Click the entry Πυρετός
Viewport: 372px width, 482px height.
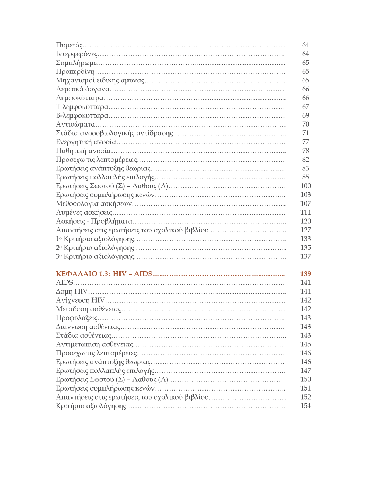click(x=69, y=45)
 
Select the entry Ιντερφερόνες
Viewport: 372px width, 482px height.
click(x=77, y=54)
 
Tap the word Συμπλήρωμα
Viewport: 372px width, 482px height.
click(x=77, y=63)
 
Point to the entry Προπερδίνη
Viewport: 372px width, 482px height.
click(x=75, y=72)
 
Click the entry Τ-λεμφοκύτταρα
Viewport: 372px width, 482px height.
click(x=82, y=107)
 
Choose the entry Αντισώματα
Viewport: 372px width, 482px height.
click(x=75, y=124)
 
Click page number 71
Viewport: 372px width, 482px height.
click(x=305, y=133)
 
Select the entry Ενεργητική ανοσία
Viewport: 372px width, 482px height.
click(x=86, y=142)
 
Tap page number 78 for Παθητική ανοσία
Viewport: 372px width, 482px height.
click(x=305, y=151)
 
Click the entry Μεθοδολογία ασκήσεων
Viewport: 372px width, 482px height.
click(x=94, y=203)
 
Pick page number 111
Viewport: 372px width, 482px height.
click(x=305, y=212)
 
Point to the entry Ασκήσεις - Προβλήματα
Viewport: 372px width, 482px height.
click(x=94, y=221)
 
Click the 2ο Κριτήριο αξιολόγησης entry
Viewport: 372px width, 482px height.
click(x=95, y=248)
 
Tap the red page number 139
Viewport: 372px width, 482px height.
click(x=305, y=274)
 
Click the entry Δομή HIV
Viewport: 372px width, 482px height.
click(x=72, y=291)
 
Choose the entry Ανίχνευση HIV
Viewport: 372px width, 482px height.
click(x=80, y=300)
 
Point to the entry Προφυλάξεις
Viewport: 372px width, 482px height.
click(x=77, y=318)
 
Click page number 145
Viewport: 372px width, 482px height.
click(x=305, y=344)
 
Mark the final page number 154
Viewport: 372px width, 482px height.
click(x=305, y=406)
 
